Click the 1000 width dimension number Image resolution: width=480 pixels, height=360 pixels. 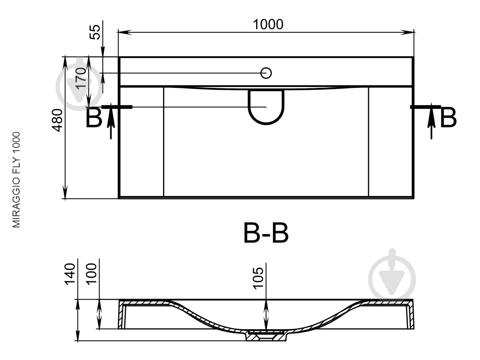268,24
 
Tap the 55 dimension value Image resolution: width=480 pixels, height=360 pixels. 95,32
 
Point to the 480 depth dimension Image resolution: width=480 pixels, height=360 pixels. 57,120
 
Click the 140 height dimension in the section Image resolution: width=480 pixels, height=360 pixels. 70,274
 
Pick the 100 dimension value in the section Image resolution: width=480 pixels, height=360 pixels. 91,274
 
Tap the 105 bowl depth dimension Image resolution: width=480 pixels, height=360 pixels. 258,278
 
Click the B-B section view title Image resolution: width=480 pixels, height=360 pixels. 266,233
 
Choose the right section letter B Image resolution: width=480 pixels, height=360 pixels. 448,117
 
